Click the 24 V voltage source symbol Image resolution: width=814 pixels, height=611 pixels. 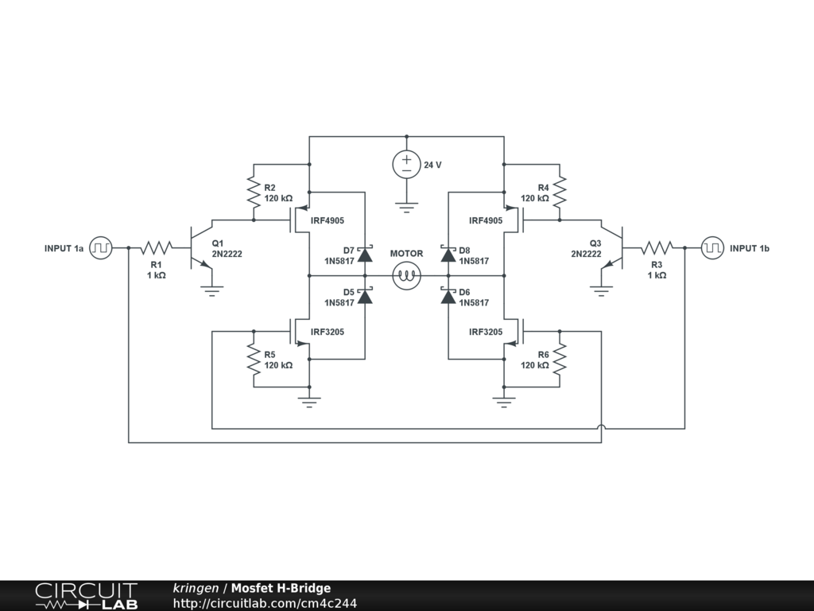coord(406,165)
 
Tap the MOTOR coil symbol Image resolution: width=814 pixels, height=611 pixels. coord(406,276)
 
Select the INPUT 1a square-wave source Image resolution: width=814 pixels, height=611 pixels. coord(100,247)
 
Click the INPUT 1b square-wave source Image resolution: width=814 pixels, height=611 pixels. coord(712,247)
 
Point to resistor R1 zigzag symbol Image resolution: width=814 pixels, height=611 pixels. coord(157,247)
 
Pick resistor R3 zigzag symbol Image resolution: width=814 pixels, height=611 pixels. coord(657,247)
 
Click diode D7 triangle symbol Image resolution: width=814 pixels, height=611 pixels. coord(365,255)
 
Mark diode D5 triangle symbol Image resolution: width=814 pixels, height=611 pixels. coord(365,297)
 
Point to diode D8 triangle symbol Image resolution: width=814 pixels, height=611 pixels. coord(448,255)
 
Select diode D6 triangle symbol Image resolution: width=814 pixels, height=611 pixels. coord(448,297)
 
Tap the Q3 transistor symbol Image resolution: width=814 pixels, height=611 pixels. coord(614,247)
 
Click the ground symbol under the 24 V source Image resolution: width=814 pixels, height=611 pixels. coord(406,208)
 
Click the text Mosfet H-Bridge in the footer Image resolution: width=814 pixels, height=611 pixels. coord(281,589)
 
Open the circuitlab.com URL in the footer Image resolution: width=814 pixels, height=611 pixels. coord(265,603)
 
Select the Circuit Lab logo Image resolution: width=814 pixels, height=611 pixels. coord(86,596)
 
